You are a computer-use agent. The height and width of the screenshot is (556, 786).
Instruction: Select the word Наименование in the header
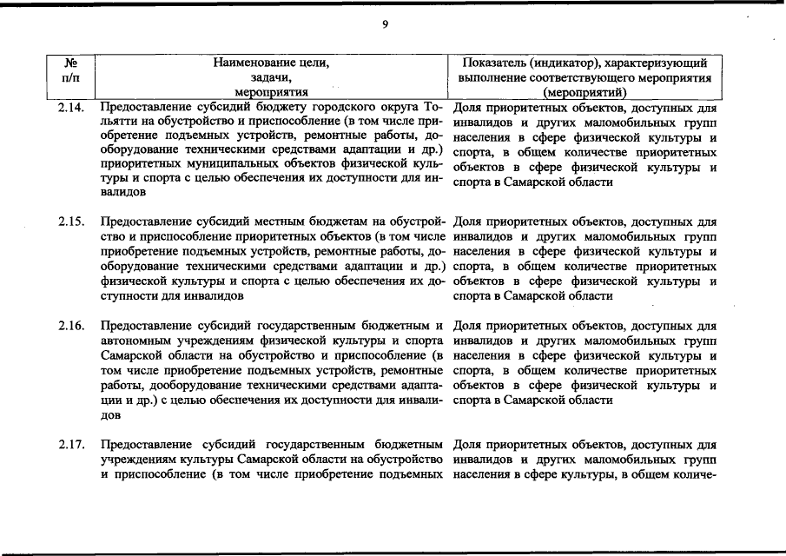249,63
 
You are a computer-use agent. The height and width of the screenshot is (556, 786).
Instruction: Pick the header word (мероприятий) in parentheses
584,92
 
